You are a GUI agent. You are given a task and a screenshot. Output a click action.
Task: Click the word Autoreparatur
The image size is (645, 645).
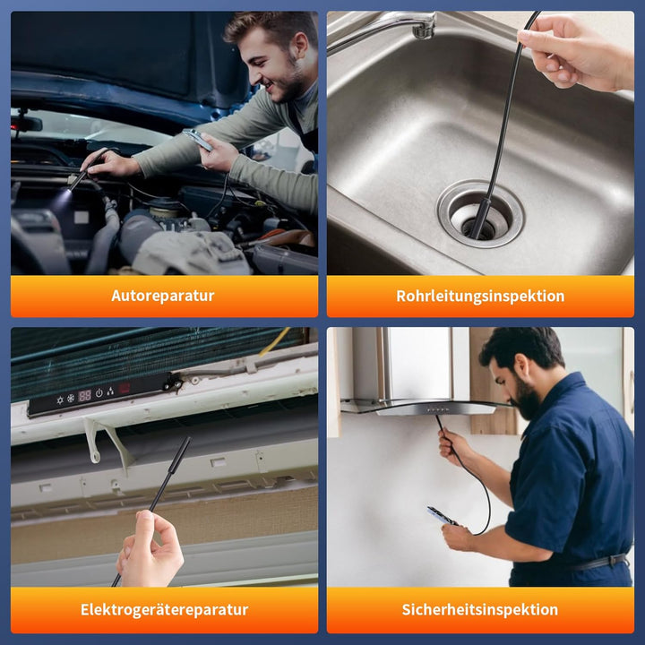(x=162, y=296)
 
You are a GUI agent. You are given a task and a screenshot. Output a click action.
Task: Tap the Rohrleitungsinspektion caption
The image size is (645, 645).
(x=480, y=297)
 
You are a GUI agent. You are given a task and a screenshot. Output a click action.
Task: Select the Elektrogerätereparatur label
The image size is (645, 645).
(x=164, y=610)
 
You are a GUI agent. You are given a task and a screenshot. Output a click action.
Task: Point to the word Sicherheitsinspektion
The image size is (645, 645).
(x=479, y=610)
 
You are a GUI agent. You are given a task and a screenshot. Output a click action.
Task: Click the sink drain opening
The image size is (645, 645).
(x=480, y=226)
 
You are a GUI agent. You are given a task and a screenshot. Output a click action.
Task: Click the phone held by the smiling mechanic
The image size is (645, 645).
(x=198, y=140)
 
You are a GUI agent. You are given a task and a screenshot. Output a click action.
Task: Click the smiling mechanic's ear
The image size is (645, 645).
(x=301, y=45)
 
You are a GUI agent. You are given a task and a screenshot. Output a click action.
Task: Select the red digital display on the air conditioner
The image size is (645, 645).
(x=84, y=396)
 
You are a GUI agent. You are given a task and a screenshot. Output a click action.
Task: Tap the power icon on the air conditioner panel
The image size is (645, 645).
(x=99, y=393)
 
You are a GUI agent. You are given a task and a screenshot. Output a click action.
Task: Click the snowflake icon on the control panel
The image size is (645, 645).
(x=71, y=398)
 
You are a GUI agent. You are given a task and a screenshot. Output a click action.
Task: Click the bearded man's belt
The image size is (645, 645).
(x=599, y=563)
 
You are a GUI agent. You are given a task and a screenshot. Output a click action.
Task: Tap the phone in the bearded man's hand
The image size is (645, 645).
(x=442, y=515)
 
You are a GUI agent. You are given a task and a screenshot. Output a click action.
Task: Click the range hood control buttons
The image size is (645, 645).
(x=437, y=409)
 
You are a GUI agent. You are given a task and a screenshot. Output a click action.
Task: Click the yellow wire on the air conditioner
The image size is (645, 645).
(x=275, y=341)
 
